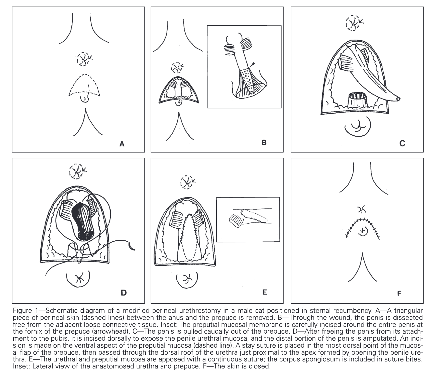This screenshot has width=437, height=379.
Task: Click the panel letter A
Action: coord(122,144)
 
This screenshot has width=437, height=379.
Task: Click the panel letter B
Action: coord(264,143)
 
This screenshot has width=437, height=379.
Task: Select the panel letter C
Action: coord(402,143)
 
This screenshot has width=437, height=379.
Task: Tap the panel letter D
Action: coord(124,293)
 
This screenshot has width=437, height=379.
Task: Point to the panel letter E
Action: coord(265,292)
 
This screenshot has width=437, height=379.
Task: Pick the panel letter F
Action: coord(399,293)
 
